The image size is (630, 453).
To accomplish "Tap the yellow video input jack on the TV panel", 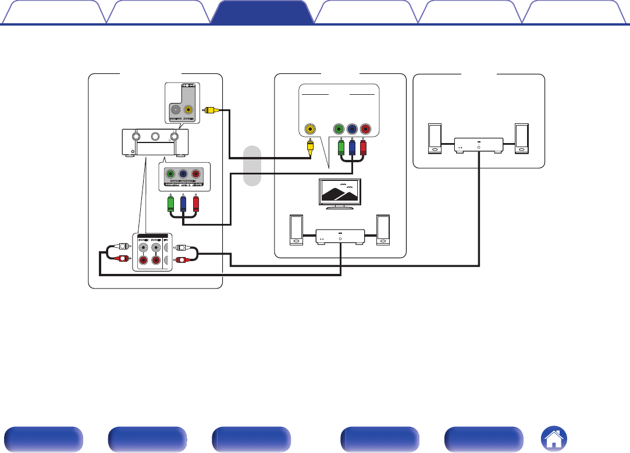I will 311,129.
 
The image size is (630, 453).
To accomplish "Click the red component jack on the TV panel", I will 365,129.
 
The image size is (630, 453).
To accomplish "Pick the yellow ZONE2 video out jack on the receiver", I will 188,109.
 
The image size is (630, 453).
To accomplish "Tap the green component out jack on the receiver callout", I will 170,174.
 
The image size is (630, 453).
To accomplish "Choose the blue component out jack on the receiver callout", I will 183,174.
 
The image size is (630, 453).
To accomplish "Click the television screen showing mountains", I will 340,191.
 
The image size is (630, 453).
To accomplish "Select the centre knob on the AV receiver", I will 155,138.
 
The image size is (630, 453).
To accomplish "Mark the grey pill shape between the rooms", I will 251,166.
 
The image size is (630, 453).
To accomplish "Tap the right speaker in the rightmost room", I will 521,138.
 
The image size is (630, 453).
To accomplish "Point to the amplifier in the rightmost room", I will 478,145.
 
